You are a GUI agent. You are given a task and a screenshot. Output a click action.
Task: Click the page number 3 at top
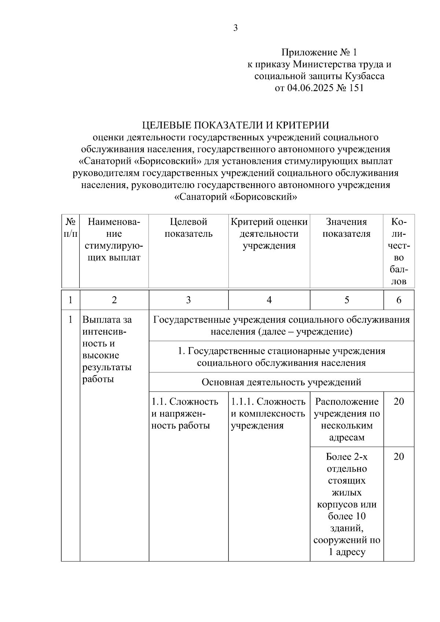coord(235,28)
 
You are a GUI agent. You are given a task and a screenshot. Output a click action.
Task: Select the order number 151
coord(355,88)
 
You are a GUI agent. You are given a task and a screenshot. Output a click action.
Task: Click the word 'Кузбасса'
coord(364,76)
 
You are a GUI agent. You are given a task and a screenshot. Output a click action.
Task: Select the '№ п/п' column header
coord(70,228)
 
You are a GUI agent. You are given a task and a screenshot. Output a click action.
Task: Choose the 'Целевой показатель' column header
coord(188,228)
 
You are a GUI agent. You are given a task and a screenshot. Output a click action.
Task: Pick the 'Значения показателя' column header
coord(346,228)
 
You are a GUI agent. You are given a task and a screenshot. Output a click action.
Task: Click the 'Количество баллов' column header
coord(399,251)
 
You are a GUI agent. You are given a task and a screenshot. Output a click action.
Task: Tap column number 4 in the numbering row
coord(269,300)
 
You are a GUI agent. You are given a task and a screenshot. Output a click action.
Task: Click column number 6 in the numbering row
coord(399,300)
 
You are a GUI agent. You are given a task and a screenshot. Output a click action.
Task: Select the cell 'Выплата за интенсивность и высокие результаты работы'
coord(107,349)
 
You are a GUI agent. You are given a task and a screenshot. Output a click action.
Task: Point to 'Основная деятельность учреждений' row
coord(281,382)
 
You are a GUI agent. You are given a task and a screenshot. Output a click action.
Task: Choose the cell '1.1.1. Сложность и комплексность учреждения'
coord(268,413)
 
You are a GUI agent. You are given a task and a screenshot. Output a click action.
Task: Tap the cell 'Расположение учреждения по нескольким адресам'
coord(346,419)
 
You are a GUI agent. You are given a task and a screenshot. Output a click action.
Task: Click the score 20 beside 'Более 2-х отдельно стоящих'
coord(399,457)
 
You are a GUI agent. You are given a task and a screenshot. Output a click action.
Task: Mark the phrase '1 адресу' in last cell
coord(347,552)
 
